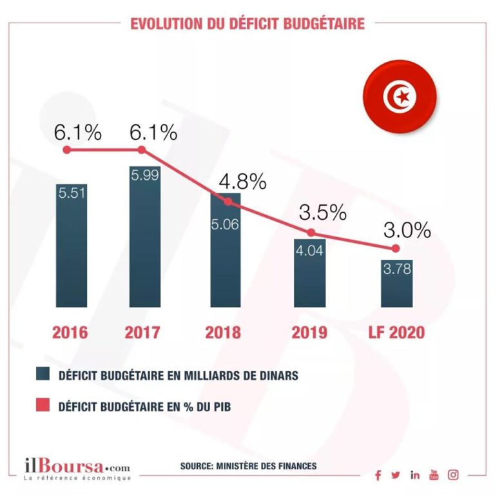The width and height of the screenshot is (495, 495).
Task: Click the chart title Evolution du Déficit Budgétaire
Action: coord(247,24)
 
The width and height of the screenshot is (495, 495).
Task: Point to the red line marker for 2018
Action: coord(226,202)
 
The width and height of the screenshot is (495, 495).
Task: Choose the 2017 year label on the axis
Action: coord(142,333)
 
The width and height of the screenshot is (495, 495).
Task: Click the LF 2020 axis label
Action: coord(396,333)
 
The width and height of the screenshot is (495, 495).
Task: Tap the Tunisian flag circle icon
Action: coord(400,97)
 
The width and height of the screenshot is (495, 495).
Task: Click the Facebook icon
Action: coord(378,476)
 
